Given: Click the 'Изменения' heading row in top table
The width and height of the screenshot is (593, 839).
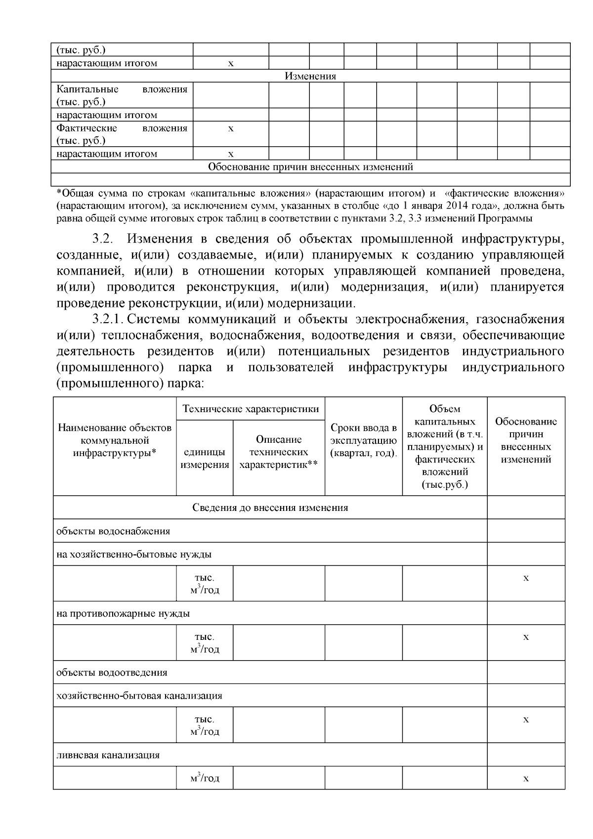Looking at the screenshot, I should point(310,76).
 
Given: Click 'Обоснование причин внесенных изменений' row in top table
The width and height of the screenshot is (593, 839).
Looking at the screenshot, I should point(310,167).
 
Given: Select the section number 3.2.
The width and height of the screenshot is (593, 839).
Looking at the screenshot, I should point(103,239).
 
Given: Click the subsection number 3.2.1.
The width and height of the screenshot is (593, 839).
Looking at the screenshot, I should point(109,319).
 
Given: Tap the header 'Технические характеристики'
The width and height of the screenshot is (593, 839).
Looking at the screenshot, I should point(251,409).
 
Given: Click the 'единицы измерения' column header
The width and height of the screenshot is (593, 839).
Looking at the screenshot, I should point(205,458).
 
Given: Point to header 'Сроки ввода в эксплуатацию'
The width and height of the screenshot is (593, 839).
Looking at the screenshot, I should point(363,440).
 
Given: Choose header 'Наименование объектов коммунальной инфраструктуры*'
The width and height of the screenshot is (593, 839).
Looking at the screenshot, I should point(115,440).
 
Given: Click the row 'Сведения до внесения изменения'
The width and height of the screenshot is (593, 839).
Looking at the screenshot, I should point(270,507).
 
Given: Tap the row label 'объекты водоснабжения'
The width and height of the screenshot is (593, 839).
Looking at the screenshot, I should point(113,531).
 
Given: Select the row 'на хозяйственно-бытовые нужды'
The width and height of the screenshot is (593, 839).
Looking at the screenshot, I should point(134,554).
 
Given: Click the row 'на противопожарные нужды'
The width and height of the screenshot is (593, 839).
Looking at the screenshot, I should point(123,614).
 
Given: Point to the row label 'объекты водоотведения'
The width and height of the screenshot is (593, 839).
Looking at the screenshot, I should point(112,672).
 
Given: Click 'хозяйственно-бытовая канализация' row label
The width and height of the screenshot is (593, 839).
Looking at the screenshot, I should point(139,696).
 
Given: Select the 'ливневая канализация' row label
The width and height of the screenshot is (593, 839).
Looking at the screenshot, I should point(108,755).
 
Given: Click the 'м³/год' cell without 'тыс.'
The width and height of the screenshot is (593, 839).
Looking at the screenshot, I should point(205,778).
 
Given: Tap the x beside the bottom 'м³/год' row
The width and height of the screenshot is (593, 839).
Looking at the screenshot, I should point(526,779).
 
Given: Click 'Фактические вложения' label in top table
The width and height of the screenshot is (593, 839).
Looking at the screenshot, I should point(122,134).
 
